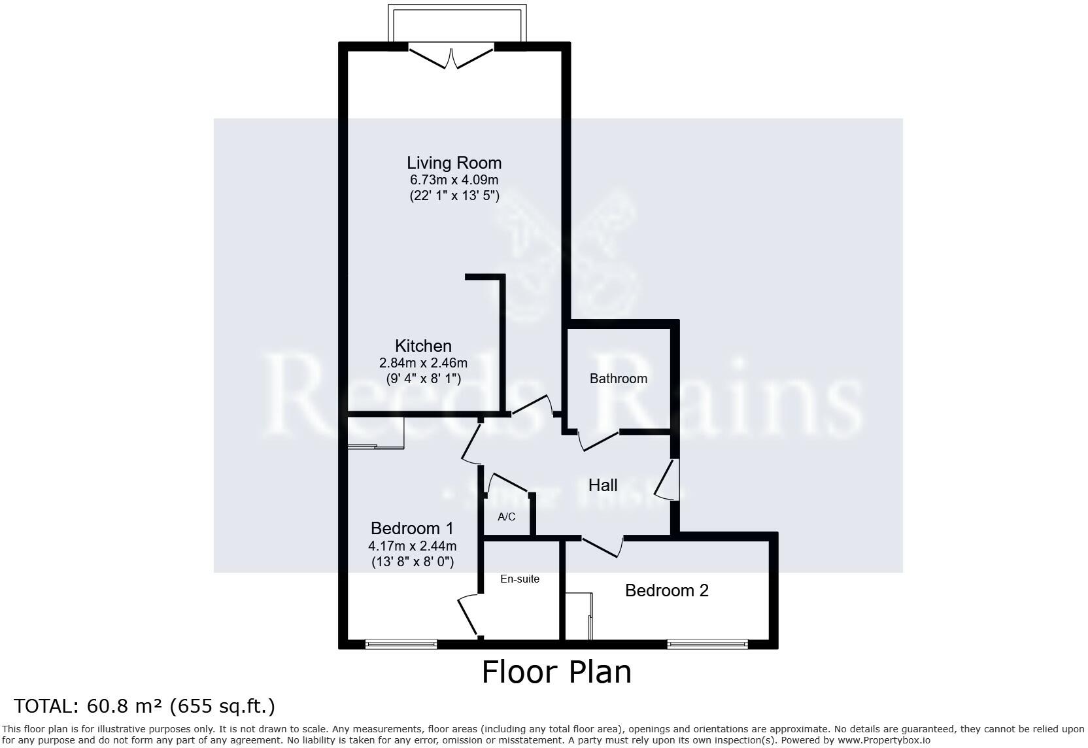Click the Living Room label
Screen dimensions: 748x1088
[454, 163]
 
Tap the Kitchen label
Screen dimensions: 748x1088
[423, 346]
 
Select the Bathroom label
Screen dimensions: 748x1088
[618, 379]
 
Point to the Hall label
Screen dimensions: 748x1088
[602, 485]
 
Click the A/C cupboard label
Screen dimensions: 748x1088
[507, 517]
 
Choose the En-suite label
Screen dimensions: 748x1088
[520, 579]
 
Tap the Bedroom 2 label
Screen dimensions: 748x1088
[666, 590]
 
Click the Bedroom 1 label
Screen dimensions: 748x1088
[412, 528]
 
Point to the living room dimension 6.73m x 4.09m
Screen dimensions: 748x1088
[454, 180]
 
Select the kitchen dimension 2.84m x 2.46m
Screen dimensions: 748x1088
[423, 363]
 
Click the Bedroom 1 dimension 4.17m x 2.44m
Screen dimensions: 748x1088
[412, 546]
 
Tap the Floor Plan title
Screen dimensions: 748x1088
[556, 672]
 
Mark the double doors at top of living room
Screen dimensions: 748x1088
[451, 56]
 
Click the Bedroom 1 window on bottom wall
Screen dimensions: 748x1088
[401, 644]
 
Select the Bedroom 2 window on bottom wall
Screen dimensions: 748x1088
[707, 644]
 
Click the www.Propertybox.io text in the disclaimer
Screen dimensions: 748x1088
[883, 740]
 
